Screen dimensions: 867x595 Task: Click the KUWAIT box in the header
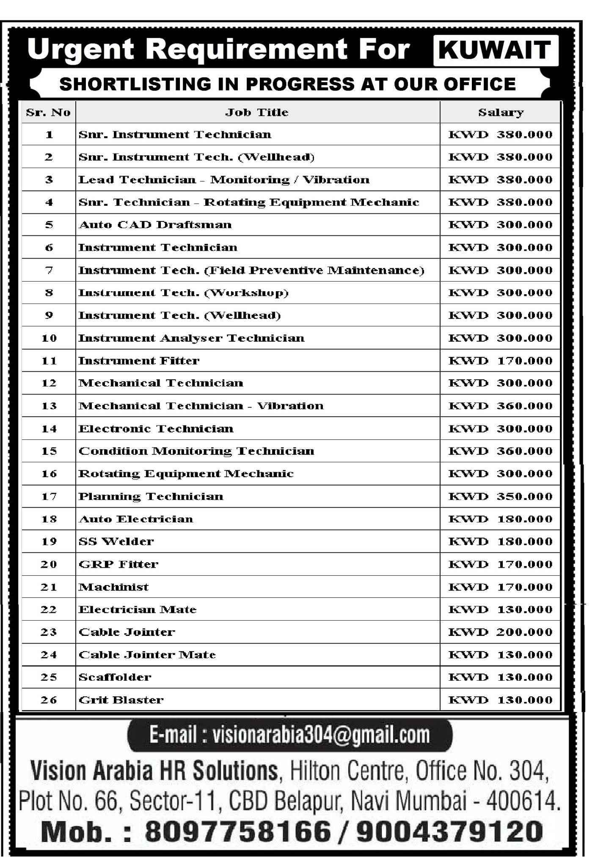coord(496,51)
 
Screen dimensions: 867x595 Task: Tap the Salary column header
coord(501,113)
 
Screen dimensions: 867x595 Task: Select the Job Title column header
coord(257,113)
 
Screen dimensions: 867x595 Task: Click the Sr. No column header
coord(48,113)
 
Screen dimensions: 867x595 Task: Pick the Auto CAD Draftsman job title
coord(155,225)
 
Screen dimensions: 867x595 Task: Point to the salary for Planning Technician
coord(500,497)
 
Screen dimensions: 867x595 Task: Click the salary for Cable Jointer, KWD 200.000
coord(500,632)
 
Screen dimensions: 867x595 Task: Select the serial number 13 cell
coord(49,406)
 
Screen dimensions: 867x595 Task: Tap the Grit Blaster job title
coord(121,700)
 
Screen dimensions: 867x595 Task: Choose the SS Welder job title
coord(116,541)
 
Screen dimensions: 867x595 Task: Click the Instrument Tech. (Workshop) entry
coord(184,293)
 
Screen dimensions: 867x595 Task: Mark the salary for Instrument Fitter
coord(500,361)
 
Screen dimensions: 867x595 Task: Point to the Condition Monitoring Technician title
coord(196,451)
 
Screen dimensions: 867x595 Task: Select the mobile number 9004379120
coord(449,831)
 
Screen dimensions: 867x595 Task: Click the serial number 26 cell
coord(49,700)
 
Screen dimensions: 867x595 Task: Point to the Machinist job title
coord(113,587)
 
